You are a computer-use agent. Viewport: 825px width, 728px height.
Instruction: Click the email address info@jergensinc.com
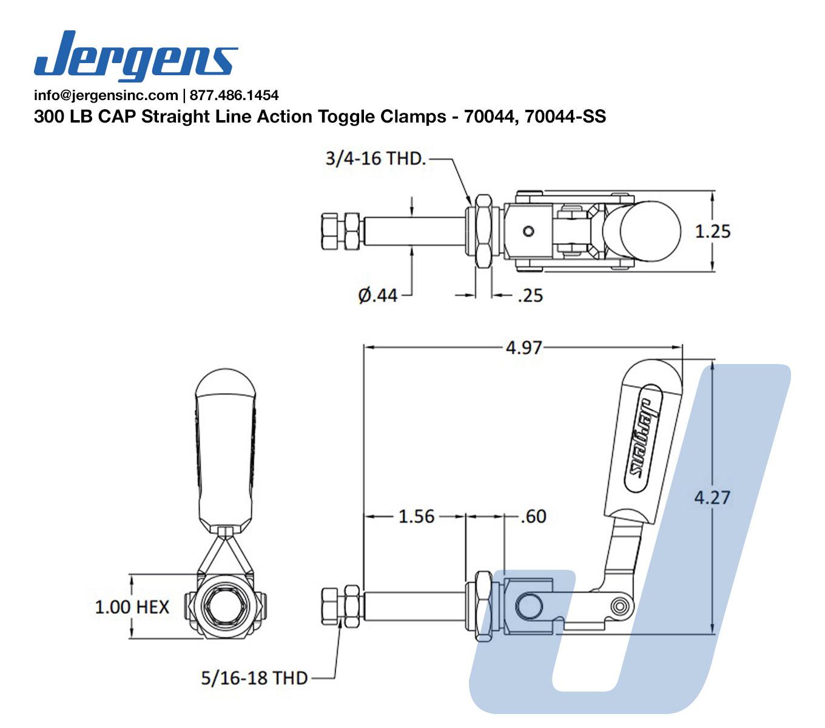tap(106, 95)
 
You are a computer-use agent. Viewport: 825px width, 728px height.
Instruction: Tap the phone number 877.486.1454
tap(234, 95)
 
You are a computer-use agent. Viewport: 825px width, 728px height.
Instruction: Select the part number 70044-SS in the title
tap(565, 116)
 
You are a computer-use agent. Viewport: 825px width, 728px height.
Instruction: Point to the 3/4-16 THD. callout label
tap(375, 158)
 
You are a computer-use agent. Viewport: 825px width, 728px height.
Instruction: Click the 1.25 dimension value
tap(713, 231)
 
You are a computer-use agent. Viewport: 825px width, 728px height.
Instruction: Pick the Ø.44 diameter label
tap(377, 295)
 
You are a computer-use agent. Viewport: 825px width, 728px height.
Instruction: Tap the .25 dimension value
tap(531, 295)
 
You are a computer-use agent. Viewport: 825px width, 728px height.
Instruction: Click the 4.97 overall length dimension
tap(524, 348)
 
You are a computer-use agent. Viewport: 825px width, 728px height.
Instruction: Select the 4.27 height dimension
tap(712, 497)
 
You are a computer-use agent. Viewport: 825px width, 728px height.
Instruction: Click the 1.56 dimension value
tap(416, 516)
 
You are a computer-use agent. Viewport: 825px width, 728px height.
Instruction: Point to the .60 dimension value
tap(533, 516)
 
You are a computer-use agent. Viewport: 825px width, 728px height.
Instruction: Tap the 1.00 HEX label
tap(132, 607)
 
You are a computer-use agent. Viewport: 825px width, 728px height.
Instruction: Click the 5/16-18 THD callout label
tap(254, 678)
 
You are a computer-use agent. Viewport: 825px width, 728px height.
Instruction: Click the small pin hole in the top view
tap(528, 231)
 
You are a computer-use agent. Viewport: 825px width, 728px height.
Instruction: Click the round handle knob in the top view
tap(650, 231)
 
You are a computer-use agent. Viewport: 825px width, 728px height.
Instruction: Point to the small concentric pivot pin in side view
tap(620, 606)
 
